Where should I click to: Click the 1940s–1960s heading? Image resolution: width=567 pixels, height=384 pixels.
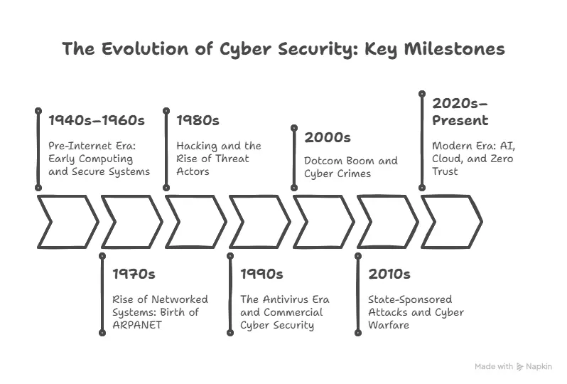coord(96,120)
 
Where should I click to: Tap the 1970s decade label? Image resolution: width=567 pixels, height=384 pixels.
coord(134,274)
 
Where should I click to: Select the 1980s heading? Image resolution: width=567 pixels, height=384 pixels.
coord(198,120)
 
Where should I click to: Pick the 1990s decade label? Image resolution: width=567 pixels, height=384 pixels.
coord(261,274)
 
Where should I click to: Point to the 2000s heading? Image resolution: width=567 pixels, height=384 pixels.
coord(328,137)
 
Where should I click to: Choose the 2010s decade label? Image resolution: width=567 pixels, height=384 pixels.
coord(389,274)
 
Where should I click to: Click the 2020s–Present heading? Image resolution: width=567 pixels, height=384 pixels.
coord(460,111)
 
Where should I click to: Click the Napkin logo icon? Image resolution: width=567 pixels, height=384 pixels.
coord(520,367)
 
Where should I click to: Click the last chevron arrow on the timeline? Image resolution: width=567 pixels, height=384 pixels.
coord(450,222)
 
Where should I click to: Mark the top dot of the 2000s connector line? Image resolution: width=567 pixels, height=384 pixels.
coord(294,127)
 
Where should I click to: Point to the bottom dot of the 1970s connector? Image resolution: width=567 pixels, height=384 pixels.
coord(102,332)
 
